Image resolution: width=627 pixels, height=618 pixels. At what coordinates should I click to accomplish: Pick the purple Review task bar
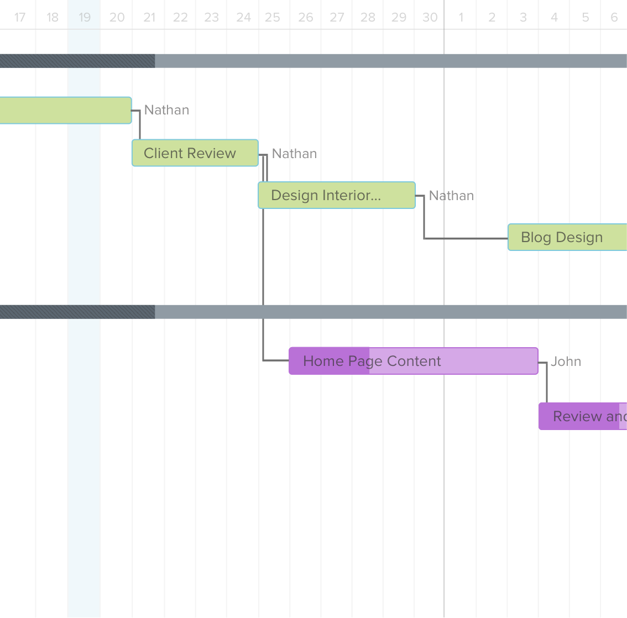pos(583,416)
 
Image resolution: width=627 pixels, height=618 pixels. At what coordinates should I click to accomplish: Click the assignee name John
pos(566,362)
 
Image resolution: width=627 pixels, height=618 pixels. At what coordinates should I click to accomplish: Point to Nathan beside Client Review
pos(294,154)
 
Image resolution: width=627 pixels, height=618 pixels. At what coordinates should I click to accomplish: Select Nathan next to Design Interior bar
pos(451,196)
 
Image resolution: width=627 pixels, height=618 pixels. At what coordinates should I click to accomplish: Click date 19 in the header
pos(85,17)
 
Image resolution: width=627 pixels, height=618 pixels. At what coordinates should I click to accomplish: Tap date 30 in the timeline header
pos(430,17)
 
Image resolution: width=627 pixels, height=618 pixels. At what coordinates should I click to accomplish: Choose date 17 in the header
pos(20,17)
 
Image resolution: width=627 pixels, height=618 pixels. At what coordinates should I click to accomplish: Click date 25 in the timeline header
pos(273,17)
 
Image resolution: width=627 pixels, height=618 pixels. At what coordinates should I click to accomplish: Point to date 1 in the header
pos(461,17)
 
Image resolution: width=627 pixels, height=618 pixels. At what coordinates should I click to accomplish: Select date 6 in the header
pos(614,17)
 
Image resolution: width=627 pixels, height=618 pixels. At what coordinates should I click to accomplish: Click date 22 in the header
pos(180,17)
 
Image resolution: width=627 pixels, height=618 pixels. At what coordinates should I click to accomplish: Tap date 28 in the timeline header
pos(368,17)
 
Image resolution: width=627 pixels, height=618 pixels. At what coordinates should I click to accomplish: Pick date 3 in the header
pos(523,17)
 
